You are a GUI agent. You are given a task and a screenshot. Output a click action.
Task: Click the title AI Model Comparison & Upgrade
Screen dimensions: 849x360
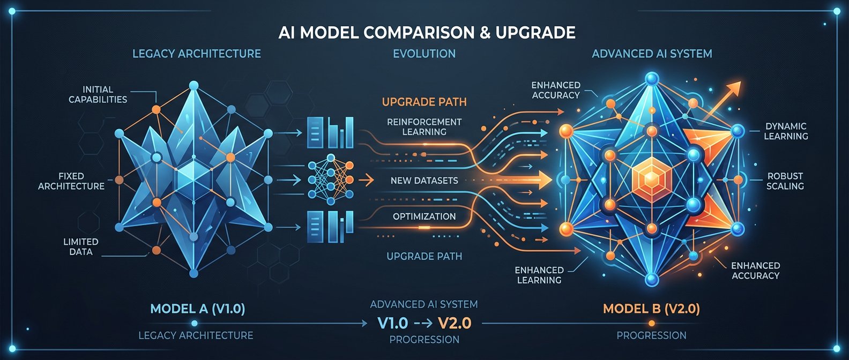coord(427,33)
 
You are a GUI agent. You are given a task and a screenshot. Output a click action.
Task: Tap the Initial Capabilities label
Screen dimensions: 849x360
coord(98,94)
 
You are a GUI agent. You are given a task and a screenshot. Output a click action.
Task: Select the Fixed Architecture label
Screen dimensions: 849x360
coord(71,181)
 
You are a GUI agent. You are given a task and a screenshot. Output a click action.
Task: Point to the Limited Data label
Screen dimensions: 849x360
coord(81,246)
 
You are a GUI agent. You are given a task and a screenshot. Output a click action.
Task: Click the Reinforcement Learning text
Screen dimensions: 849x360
coord(424,127)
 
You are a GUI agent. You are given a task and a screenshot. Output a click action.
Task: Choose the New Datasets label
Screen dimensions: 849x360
coord(424,181)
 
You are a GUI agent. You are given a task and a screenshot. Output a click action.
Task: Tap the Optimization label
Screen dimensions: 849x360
coord(424,216)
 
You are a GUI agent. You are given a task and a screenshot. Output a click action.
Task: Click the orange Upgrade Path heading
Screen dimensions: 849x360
coord(424,102)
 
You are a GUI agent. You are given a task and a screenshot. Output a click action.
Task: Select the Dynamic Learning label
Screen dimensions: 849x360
coord(786,131)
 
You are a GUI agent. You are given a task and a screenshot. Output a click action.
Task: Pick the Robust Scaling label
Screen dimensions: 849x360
coord(785,181)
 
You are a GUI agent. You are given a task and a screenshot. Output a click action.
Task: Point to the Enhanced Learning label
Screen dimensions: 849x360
coord(539,275)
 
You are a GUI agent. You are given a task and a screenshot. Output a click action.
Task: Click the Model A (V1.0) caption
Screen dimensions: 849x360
coord(197,309)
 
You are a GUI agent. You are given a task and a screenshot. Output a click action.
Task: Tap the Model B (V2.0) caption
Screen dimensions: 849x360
coord(651,309)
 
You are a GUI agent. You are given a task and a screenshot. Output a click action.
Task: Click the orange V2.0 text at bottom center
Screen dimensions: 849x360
coord(455,323)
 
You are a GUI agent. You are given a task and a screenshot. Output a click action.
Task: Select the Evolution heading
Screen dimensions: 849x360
coord(424,54)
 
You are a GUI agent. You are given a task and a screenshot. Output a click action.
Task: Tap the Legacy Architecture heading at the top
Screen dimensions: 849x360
coord(196,54)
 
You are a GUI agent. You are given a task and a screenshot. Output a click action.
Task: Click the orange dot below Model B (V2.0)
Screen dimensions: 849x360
coord(652,323)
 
